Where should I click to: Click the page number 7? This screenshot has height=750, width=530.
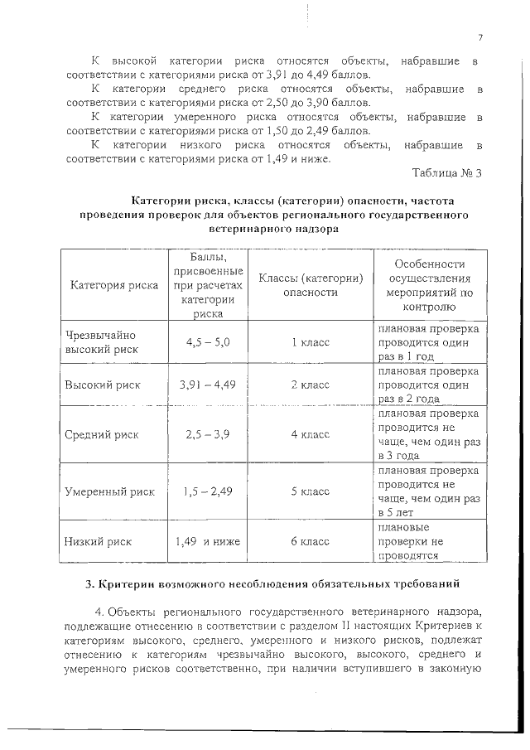tap(479, 37)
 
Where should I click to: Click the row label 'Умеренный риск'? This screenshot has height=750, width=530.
tap(109, 491)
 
